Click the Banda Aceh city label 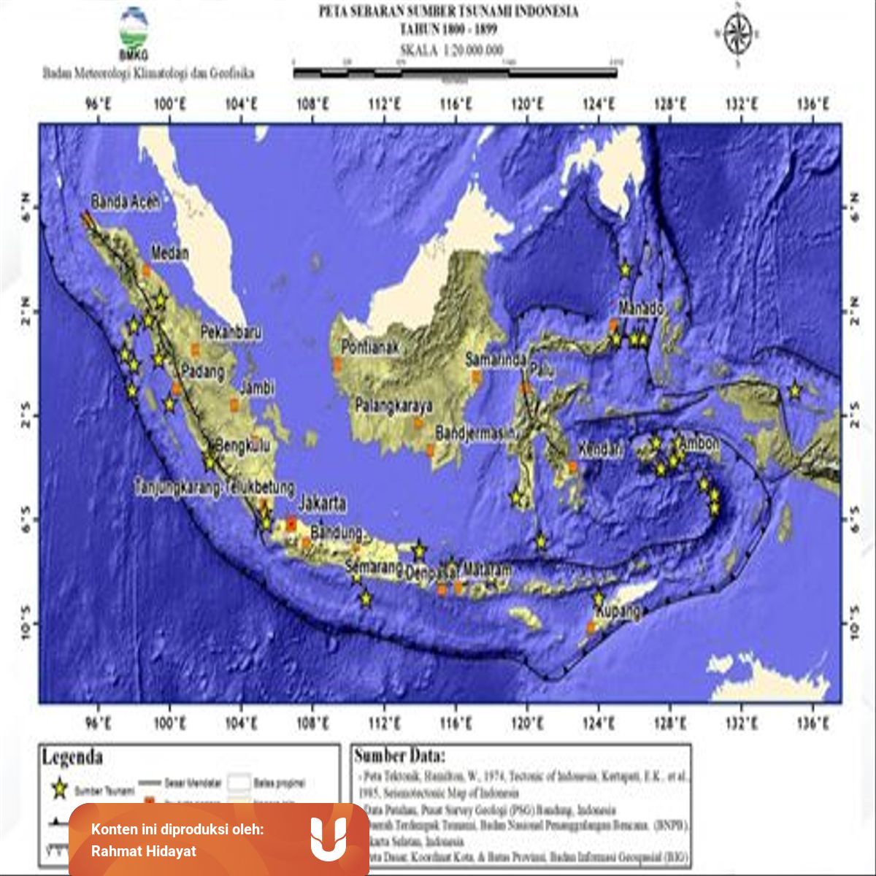tap(125, 202)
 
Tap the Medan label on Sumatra tap(170, 253)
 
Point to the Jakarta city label tap(322, 504)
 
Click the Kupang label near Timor tap(618, 610)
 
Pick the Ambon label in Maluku tap(699, 443)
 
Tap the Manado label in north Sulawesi tap(641, 309)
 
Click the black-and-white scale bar tap(455, 72)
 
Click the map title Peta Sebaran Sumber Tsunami tap(448, 12)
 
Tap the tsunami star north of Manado tap(625, 269)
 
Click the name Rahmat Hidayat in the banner tap(144, 851)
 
